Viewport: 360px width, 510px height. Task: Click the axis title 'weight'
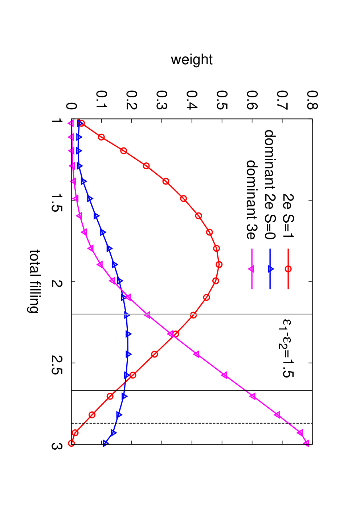coord(192,60)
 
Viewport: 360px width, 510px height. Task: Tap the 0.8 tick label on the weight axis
coord(312,100)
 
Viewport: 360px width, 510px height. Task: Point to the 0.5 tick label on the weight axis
coord(222,100)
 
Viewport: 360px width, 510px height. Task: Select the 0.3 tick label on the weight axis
coord(162,100)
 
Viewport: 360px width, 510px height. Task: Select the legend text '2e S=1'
coord(288,216)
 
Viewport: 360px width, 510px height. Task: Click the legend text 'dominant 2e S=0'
coord(270,185)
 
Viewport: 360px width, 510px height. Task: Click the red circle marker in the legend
coord(288,269)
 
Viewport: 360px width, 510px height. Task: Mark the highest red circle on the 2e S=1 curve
coord(219,264)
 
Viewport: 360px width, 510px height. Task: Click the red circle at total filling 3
coord(71,443)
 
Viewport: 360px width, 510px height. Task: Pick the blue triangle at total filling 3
coord(106,443)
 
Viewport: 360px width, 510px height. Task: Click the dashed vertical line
coord(192,423)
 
